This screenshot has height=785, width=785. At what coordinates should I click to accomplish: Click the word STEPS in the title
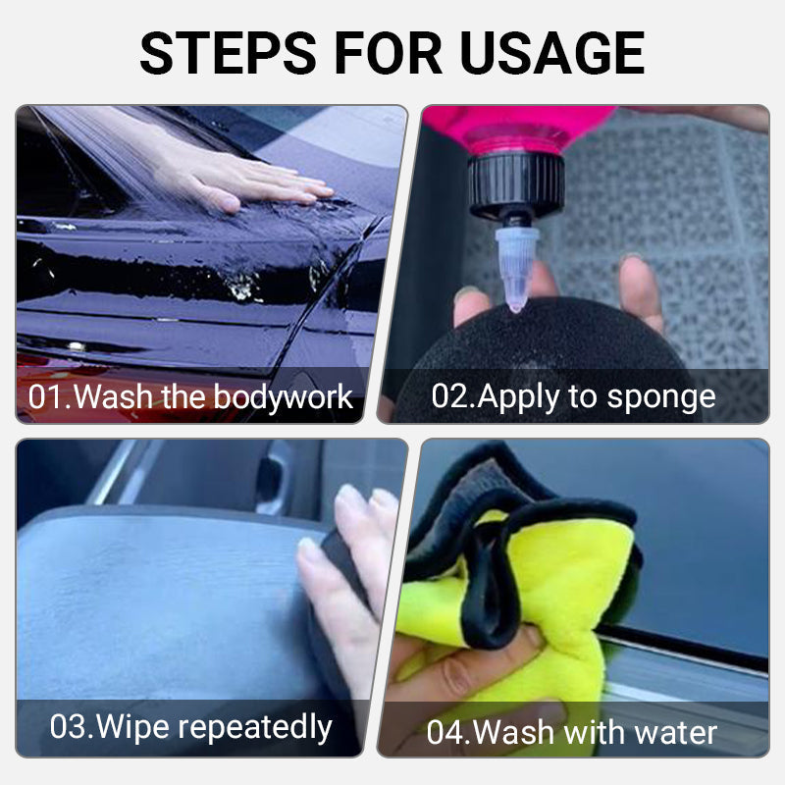click(229, 53)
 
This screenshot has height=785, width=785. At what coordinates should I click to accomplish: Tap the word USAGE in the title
click(551, 53)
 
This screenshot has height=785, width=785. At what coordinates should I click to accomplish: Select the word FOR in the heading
click(388, 53)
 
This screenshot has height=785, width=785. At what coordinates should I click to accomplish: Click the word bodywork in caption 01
click(284, 398)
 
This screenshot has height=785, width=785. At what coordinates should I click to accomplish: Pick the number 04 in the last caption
click(448, 733)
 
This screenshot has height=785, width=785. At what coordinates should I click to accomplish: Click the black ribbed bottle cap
click(517, 184)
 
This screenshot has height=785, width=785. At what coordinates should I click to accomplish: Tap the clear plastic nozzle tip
click(517, 269)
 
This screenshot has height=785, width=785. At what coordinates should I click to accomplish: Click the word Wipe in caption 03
click(131, 727)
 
